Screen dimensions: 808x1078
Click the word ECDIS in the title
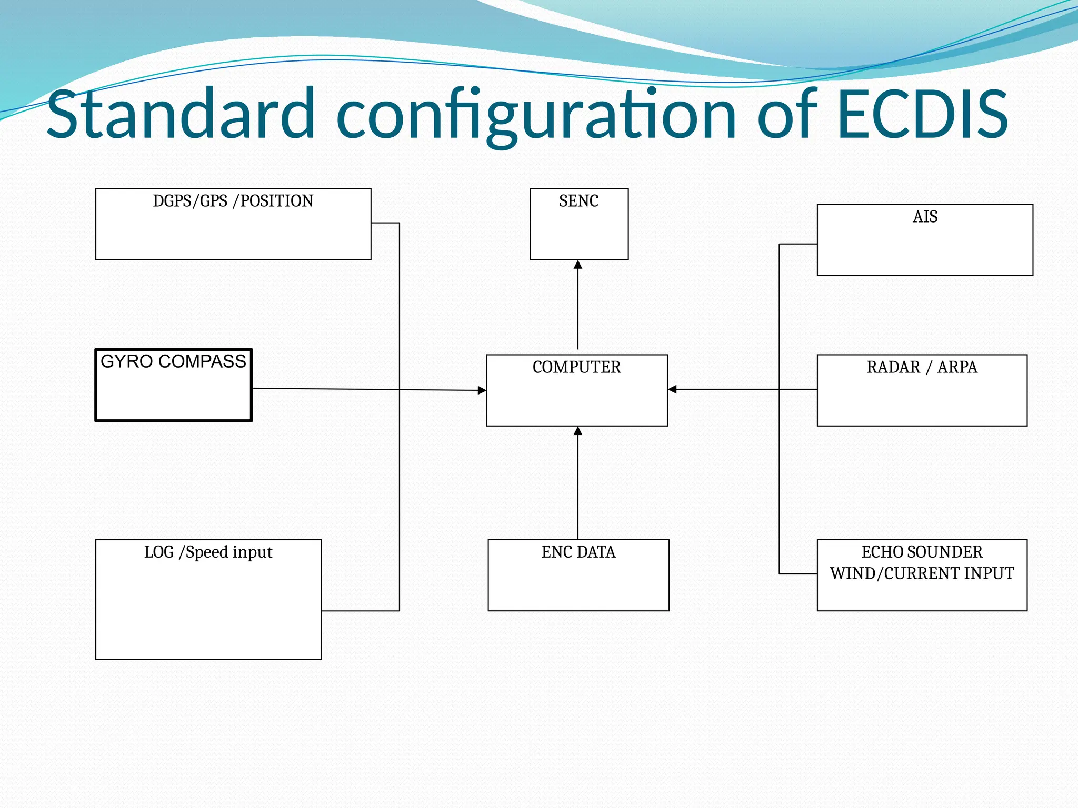click(x=922, y=114)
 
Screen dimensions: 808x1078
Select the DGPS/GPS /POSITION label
click(x=233, y=201)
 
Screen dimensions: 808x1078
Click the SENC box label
click(x=578, y=201)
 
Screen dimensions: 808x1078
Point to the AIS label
click(x=925, y=217)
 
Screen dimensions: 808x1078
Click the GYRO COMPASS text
click(x=173, y=361)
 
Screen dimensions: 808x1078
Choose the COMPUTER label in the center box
click(x=576, y=367)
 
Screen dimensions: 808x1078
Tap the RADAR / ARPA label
click(x=922, y=367)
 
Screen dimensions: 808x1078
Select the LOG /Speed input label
click(x=208, y=552)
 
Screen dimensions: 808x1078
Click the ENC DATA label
click(x=578, y=552)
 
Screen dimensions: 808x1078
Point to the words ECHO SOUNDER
click(x=922, y=552)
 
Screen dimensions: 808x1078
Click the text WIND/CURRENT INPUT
click(x=922, y=573)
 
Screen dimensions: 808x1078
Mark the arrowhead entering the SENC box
click(x=578, y=265)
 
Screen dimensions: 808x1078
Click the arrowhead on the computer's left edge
click(x=482, y=390)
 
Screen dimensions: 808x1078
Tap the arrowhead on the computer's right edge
click(x=672, y=389)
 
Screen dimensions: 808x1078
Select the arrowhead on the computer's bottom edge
click(x=578, y=431)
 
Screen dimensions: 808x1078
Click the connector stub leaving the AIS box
click(x=798, y=244)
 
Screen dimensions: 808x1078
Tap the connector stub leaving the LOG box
click(x=360, y=611)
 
